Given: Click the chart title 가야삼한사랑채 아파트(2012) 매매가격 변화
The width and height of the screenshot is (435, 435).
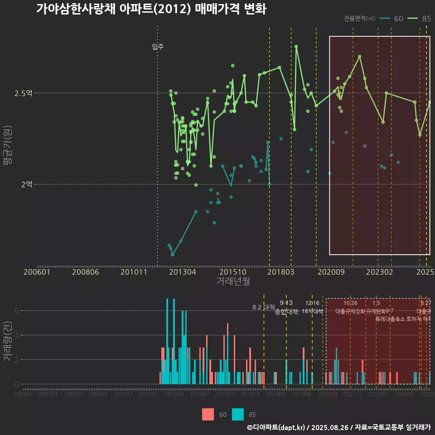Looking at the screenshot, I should point(151,9).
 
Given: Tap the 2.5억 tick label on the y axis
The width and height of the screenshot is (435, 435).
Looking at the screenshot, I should point(24,93).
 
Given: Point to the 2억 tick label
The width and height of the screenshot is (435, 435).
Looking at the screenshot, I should point(26,184).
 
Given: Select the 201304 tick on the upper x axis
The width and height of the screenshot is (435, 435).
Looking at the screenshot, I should point(183,272).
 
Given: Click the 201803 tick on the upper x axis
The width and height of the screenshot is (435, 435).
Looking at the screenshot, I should point(280,272).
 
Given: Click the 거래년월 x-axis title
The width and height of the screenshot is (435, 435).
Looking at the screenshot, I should point(233,281).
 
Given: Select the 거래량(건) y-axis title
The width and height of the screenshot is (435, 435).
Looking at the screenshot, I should point(7,341).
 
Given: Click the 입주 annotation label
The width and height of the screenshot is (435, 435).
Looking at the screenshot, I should point(158,46).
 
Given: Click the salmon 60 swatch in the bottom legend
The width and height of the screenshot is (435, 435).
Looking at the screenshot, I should point(208,414).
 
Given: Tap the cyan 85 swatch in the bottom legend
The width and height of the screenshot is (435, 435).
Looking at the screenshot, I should point(238,414).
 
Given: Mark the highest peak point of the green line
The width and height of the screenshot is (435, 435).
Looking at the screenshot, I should point(296,46).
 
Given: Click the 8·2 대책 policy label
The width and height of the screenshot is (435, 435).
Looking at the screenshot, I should point(264,307).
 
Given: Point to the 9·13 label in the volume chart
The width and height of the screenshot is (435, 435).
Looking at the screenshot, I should point(286,303).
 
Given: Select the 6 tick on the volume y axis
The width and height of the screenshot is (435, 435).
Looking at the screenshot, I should point(17,311).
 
